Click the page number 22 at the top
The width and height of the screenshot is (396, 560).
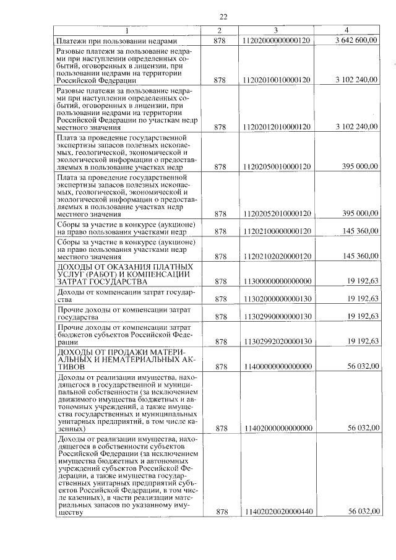[x=224, y=17]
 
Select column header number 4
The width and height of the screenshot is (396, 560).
[x=346, y=31]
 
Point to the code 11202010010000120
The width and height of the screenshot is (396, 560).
[x=277, y=80]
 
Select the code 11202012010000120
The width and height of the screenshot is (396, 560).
[x=277, y=127]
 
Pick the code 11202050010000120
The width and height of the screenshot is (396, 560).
[x=277, y=167]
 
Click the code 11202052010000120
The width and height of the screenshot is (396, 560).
[x=277, y=213]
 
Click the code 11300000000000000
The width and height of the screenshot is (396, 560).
[x=277, y=281]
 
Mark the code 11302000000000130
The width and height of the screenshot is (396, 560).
[x=277, y=299]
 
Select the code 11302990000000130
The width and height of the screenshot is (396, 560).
[x=277, y=316]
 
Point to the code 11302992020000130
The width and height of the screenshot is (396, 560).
[x=277, y=341]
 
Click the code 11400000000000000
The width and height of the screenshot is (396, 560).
[x=277, y=366]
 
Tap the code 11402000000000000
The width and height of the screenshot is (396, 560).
[x=277, y=428]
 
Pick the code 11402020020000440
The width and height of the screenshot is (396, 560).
[x=277, y=512]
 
